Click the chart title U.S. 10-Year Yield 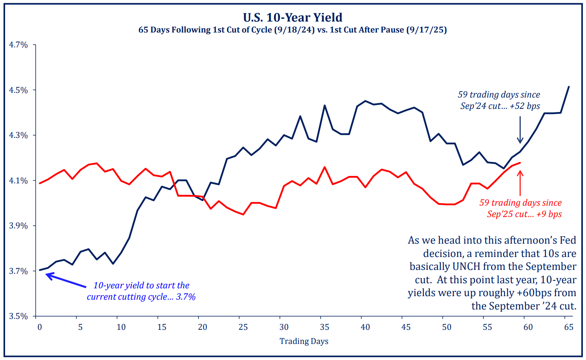coord(292,17)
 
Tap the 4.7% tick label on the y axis coord(18,45)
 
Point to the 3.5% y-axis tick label coord(18,316)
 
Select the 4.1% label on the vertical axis coord(18,181)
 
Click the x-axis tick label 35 coord(325,327)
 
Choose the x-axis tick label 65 coord(569,327)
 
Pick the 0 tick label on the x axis coord(40,327)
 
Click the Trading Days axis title coord(304,341)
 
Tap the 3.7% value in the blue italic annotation coord(186,297)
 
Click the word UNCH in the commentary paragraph coord(466,266)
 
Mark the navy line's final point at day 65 coord(569,87)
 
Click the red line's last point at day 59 coord(520,163)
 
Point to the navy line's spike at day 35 coord(325,105)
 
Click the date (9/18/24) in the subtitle coord(294,30)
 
